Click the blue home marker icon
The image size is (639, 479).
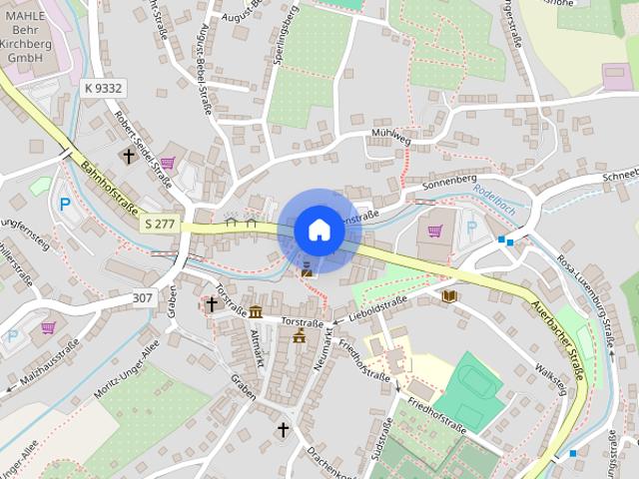click(x=319, y=231)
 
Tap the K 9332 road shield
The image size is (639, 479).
click(x=103, y=89)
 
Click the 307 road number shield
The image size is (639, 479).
click(x=144, y=297)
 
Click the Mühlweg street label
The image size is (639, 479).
click(x=390, y=138)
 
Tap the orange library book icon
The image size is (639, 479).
click(x=449, y=296)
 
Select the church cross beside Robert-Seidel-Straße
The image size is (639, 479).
click(x=128, y=156)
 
